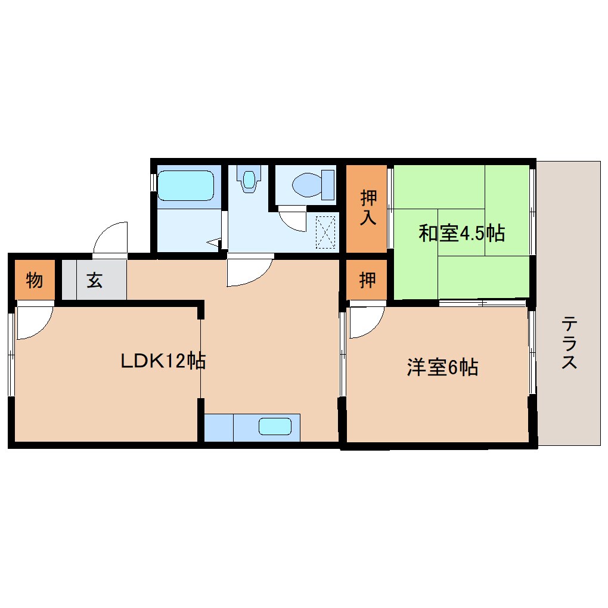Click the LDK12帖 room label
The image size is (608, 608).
163,361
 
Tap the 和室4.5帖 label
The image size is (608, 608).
461,233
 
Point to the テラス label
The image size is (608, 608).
569,343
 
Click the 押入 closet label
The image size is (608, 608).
367,207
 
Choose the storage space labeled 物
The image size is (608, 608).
35,280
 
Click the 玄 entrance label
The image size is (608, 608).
94,280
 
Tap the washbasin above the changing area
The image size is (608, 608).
249,178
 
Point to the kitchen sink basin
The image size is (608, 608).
274,427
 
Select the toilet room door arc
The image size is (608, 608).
292,219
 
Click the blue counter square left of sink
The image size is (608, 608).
218,427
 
